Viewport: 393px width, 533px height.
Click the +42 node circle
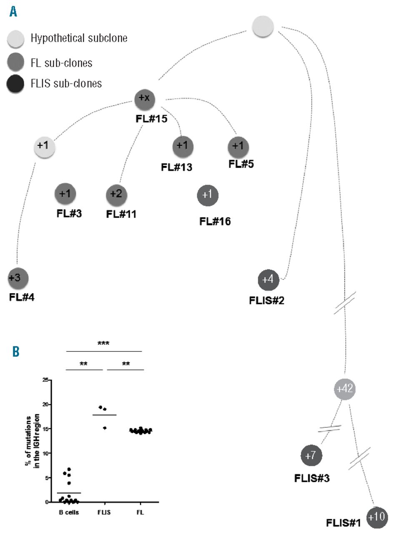tap(345, 389)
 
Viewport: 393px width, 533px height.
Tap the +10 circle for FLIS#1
tap(377, 518)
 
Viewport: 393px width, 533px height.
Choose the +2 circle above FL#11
tap(117, 194)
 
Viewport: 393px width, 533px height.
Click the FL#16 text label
tap(215, 221)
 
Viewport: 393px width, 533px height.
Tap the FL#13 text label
tap(178, 167)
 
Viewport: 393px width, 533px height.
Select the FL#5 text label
tap(241, 164)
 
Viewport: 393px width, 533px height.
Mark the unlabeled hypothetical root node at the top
tap(263, 26)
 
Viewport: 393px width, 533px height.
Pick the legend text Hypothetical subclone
tap(79, 39)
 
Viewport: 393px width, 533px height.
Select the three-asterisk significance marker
tap(103, 343)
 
